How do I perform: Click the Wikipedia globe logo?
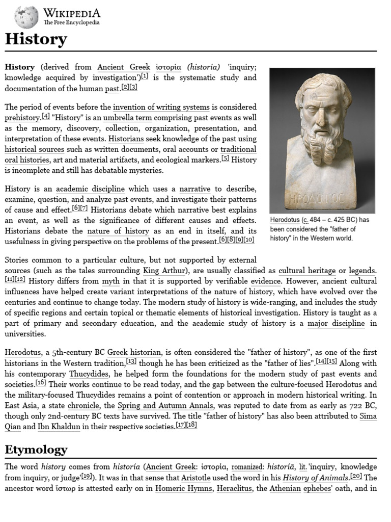(26, 16)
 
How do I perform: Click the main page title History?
(36, 39)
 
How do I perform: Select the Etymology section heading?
(36, 449)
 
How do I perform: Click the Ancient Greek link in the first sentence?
(124, 67)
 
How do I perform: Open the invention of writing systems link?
(161, 107)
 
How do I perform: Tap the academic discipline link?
(90, 189)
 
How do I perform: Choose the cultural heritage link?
(307, 270)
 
